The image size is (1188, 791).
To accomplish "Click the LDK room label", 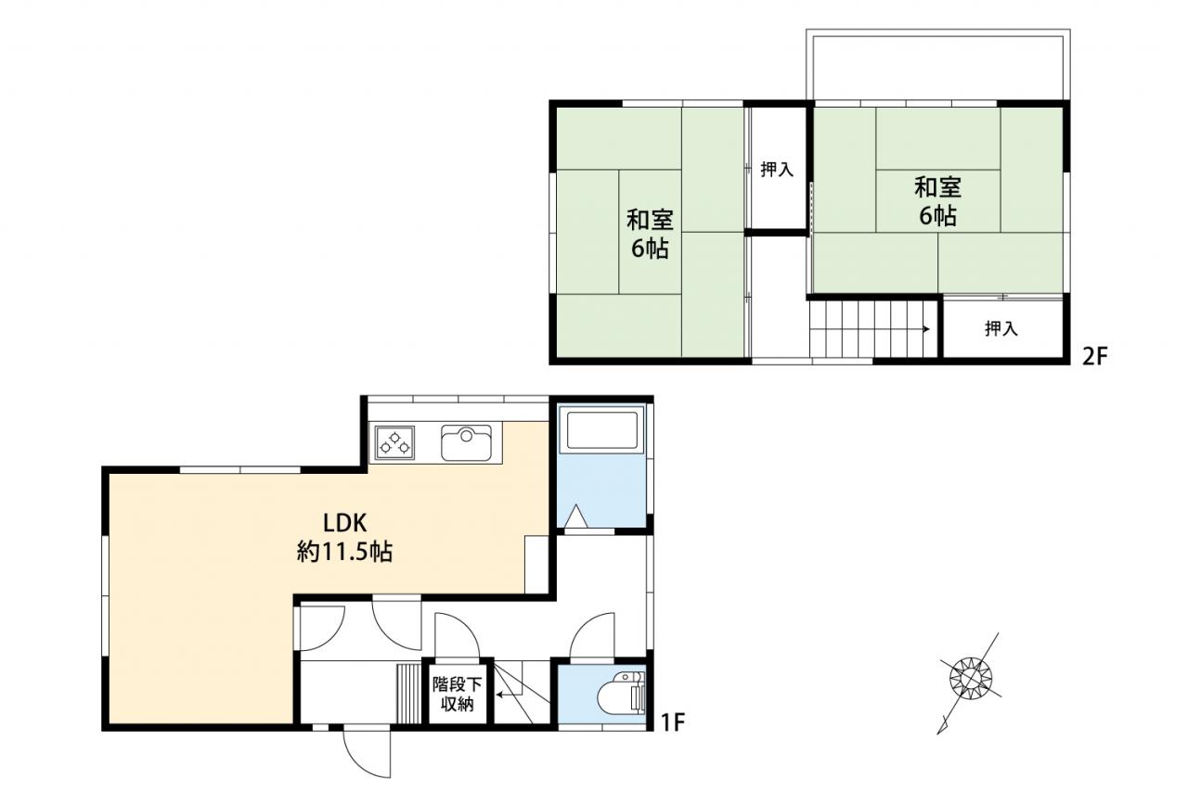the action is pyautogui.click(x=344, y=523).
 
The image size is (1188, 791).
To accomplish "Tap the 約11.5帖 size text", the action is pyautogui.click(x=344, y=552).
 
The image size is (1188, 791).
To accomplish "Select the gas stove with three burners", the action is pyautogui.click(x=394, y=442).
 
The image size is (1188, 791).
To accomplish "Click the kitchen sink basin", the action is pyautogui.click(x=466, y=442).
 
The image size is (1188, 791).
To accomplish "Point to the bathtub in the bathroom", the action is pyautogui.click(x=602, y=429).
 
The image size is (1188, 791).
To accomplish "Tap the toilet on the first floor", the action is pyautogui.click(x=621, y=694).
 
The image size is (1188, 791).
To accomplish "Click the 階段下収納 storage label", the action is pyautogui.click(x=457, y=695).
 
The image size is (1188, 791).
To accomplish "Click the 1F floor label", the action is pyautogui.click(x=674, y=721).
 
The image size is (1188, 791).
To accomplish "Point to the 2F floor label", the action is pyautogui.click(x=1095, y=357).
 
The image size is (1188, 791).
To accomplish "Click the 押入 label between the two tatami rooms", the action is pyautogui.click(x=777, y=170).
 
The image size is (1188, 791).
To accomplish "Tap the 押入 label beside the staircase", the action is pyautogui.click(x=1001, y=328).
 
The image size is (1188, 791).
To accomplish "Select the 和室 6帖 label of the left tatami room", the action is pyautogui.click(x=650, y=234).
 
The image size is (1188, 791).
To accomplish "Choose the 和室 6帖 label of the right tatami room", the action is pyautogui.click(x=937, y=201).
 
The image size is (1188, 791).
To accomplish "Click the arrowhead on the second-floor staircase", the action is pyautogui.click(x=926, y=329).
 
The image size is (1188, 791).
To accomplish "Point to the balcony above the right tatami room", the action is pyautogui.click(x=937, y=65).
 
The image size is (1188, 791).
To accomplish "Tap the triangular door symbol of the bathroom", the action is pyautogui.click(x=575, y=517).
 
